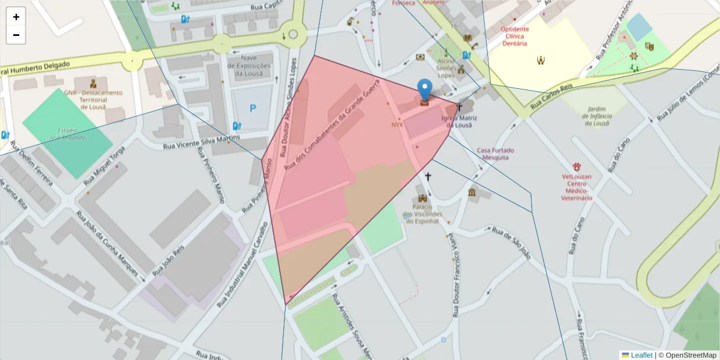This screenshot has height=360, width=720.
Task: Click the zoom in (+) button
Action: pyautogui.click(x=16, y=17)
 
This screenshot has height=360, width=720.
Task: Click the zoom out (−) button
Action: pyautogui.click(x=16, y=35)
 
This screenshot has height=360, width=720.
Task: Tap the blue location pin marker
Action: pyautogui.click(x=424, y=91)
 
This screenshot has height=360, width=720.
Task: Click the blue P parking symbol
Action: pyautogui.click(x=253, y=109)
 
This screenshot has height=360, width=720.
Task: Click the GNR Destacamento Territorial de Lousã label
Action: pyautogui.click(x=93, y=100)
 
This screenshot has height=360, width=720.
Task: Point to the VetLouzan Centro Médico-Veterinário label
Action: pyautogui.click(x=577, y=187)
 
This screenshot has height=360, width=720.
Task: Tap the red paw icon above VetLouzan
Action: pyautogui.click(x=577, y=166)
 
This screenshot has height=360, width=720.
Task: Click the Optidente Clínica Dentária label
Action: pyautogui.click(x=514, y=36)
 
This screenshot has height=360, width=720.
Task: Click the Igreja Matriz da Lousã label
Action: pyautogui.click(x=460, y=121)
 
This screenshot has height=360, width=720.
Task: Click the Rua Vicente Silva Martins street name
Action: pyautogui.click(x=202, y=142)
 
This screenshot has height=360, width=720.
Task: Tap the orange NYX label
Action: pyautogui.click(x=397, y=125)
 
